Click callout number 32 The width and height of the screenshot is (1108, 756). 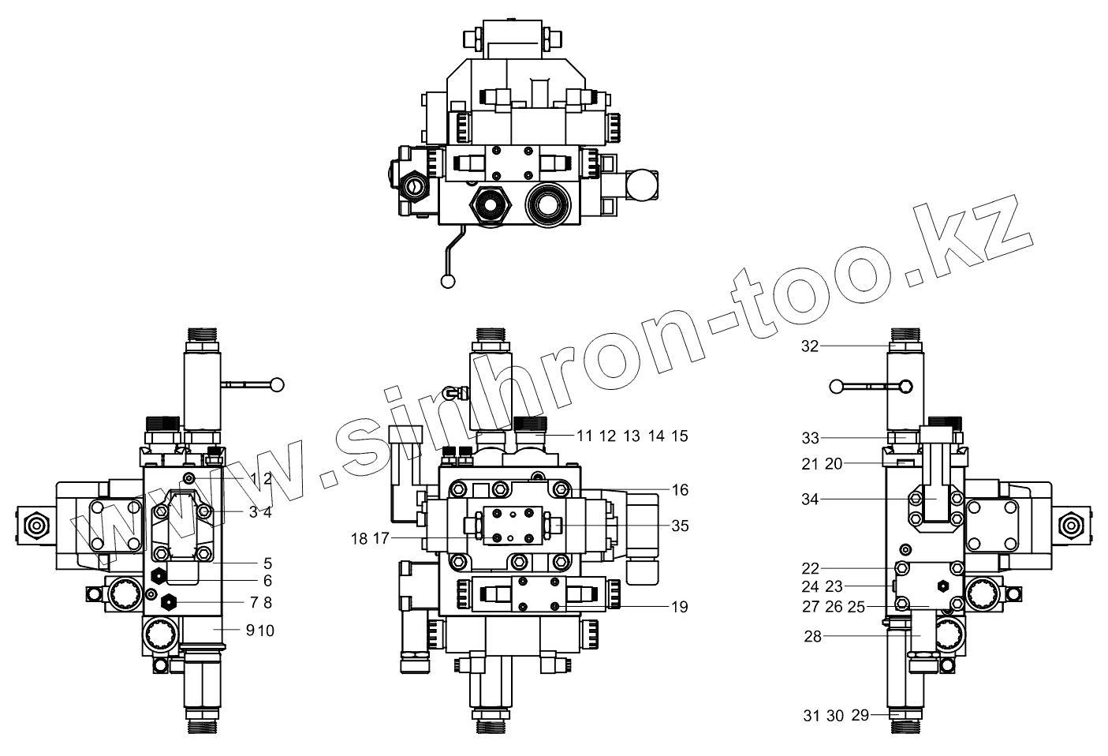(811, 346)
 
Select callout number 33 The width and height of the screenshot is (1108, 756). (811, 438)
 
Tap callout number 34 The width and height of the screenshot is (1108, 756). (811, 499)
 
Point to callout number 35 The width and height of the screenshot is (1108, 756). (680, 524)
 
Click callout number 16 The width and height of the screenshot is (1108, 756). (680, 489)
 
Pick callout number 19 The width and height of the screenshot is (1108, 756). (680, 607)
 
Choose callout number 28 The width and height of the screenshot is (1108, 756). (813, 636)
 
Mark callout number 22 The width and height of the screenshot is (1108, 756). (811, 568)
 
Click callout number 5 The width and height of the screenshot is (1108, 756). (267, 563)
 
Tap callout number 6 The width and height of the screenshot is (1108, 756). (267, 581)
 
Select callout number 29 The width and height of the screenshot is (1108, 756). (860, 715)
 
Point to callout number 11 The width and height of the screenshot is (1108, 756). (584, 436)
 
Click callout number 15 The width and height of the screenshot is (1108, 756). (680, 436)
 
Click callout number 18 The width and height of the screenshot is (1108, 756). (359, 539)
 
